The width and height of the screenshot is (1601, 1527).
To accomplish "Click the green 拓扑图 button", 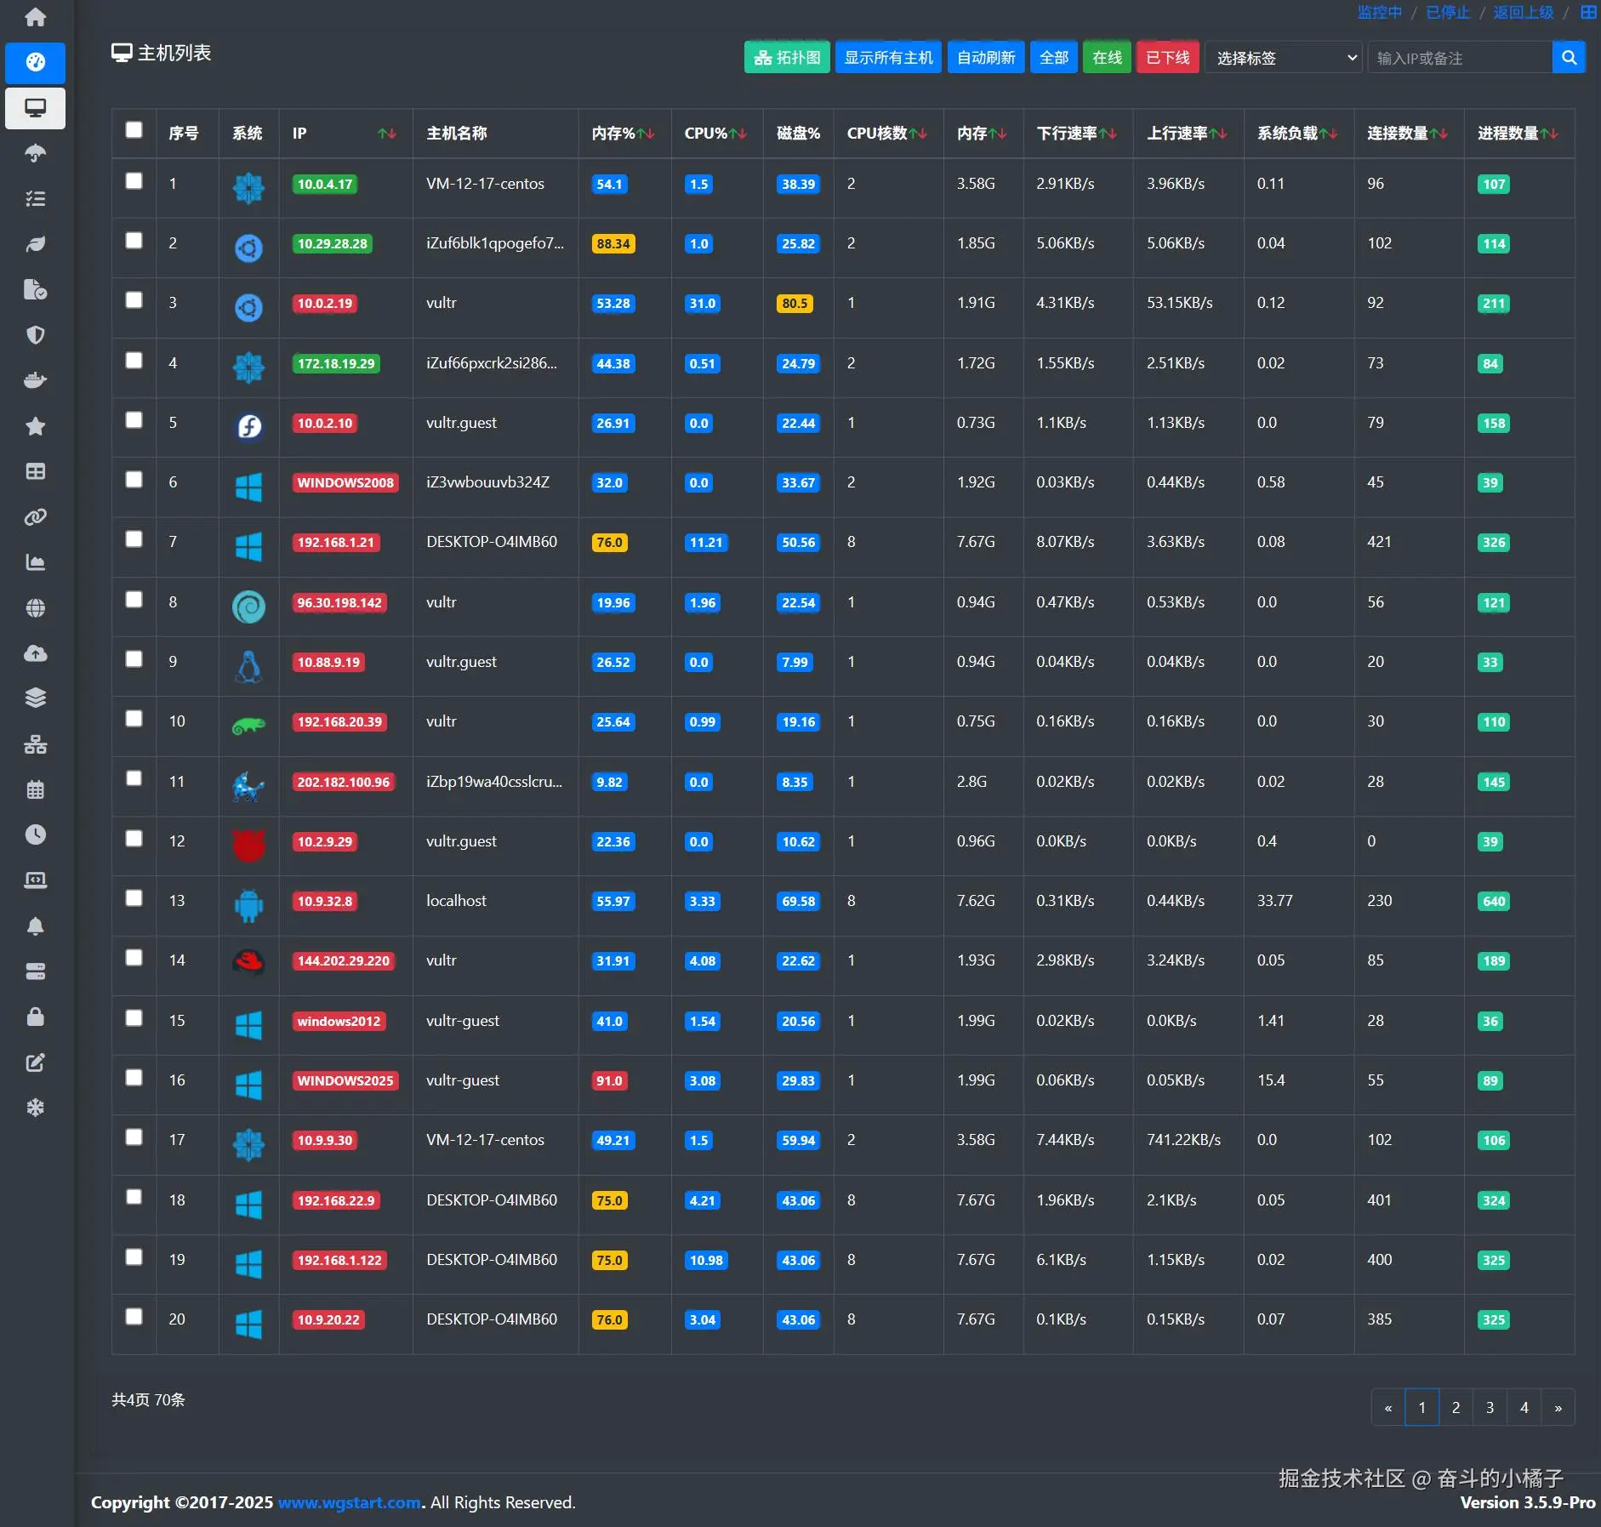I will (x=787, y=58).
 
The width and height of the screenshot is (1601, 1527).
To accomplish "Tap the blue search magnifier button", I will (x=1569, y=58).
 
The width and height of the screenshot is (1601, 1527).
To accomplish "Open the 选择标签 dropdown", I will (x=1284, y=58).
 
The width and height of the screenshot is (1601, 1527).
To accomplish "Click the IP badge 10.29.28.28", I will (x=332, y=244).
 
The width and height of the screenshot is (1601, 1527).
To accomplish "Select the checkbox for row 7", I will (x=134, y=539).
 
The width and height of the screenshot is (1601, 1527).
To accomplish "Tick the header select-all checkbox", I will (x=134, y=130).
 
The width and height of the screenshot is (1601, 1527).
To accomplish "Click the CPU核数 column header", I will (x=886, y=134).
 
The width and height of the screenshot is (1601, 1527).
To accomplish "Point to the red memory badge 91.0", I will (x=609, y=1081).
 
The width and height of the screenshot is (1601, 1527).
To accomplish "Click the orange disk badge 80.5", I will (x=795, y=304).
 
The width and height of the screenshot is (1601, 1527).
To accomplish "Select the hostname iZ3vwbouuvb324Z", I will (x=487, y=482).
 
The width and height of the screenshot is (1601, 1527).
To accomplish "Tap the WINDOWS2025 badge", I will (x=345, y=1081).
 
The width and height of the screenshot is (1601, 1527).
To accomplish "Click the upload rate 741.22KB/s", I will (x=1183, y=1140).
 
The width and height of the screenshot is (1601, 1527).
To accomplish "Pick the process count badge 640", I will (x=1494, y=902).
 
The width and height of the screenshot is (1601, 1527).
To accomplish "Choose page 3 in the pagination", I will (x=1490, y=1408).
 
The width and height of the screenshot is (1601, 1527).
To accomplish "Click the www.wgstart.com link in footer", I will (x=349, y=1503).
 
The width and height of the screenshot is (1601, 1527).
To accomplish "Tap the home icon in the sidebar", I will (x=35, y=17).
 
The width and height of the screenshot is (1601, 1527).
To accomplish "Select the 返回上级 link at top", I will (x=1523, y=12).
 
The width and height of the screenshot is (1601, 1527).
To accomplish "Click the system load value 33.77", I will (x=1274, y=901).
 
